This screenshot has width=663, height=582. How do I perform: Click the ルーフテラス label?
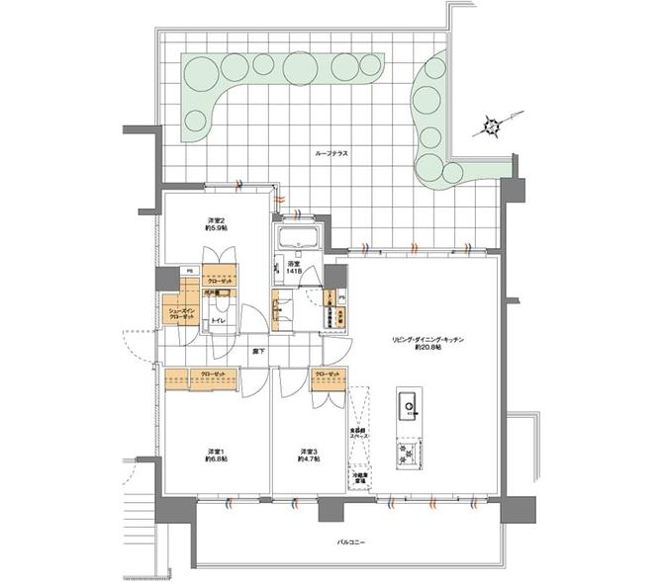click(331, 153)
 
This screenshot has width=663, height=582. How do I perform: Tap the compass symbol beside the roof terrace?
click(492, 125)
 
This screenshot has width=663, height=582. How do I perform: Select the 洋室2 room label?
click(217, 223)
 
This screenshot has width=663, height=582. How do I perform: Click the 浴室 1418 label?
click(294, 269)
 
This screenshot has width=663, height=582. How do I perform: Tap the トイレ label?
click(219, 321)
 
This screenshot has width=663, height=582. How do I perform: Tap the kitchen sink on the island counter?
click(408, 406)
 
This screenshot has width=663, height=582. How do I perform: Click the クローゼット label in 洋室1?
click(212, 374)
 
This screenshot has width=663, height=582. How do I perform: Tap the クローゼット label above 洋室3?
click(328, 374)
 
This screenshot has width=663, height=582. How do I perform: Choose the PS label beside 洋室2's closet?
click(189, 270)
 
